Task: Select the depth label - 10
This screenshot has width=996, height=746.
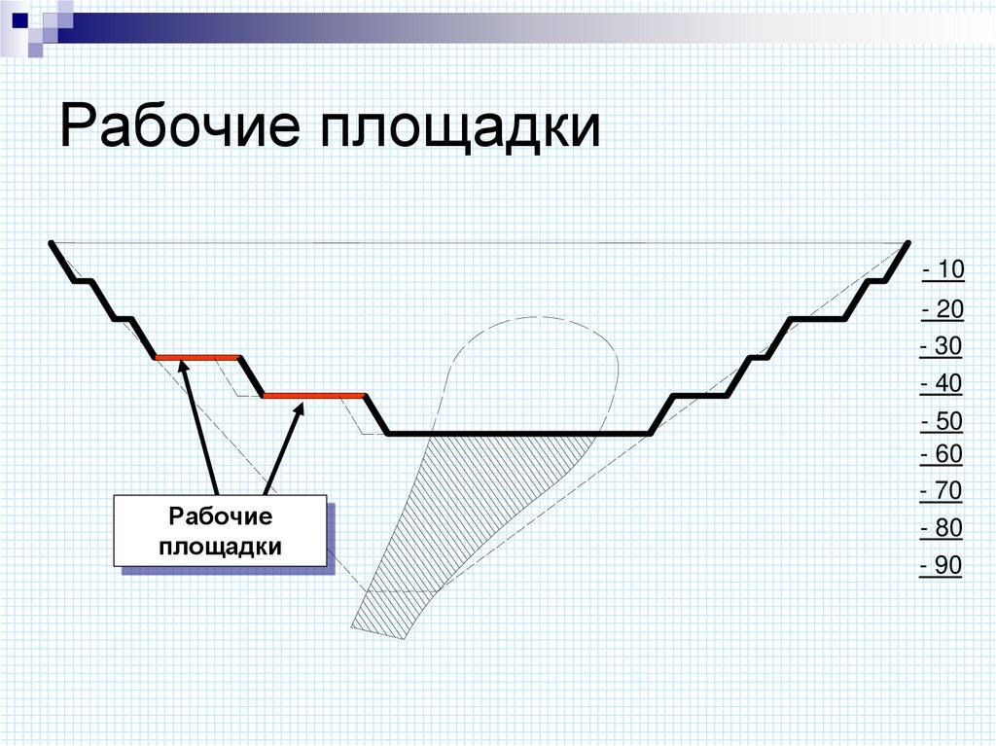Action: [943, 269]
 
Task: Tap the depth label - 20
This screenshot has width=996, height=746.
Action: [942, 310]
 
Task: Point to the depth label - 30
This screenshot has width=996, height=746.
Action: [941, 347]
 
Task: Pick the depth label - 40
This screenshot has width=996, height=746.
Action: [941, 384]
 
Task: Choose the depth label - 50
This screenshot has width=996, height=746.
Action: [941, 422]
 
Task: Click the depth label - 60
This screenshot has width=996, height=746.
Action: [941, 454]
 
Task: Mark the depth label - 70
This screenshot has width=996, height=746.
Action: [941, 492]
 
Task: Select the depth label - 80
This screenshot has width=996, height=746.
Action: [941, 529]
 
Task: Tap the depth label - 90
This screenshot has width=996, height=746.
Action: [941, 566]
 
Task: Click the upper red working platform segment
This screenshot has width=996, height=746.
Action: [197, 357]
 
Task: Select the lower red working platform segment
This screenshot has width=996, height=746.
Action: [314, 396]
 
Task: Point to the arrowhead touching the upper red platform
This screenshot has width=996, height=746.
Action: [183, 368]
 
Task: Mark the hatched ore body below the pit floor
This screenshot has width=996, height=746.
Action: [457, 515]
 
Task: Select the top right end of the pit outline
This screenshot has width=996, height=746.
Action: [907, 243]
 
